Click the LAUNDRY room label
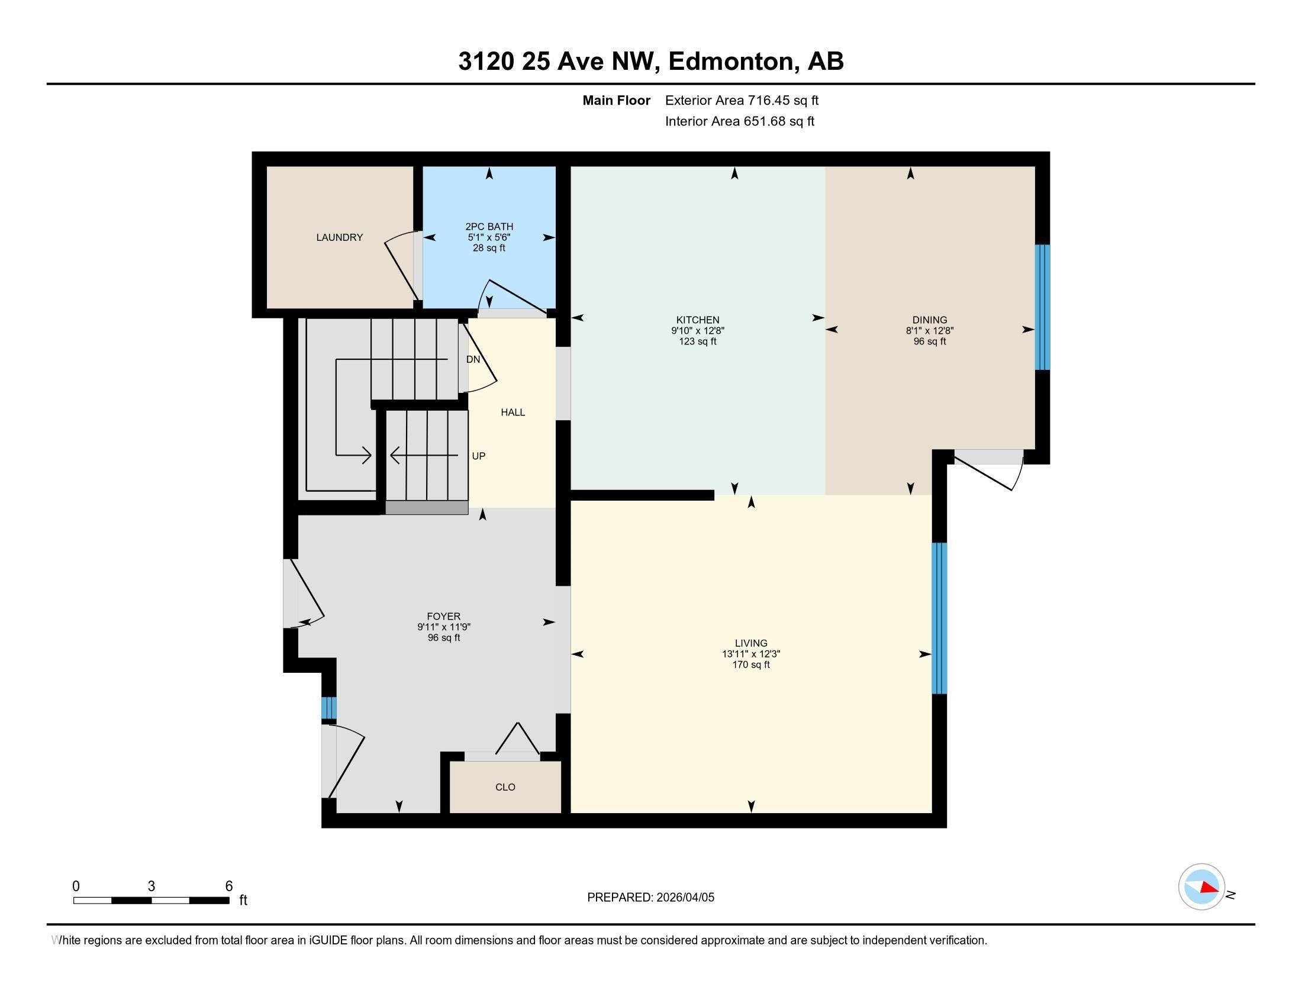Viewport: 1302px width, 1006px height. click(339, 237)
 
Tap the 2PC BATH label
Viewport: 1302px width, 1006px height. click(489, 227)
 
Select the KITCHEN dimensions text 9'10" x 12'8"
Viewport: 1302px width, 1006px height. click(698, 331)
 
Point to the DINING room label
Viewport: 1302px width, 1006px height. click(929, 320)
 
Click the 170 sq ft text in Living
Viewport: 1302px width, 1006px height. click(750, 665)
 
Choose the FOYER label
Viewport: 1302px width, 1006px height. click(443, 616)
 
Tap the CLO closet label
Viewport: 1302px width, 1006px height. click(505, 787)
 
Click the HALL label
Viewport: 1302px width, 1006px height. click(513, 412)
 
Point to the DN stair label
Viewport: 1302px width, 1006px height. click(473, 359)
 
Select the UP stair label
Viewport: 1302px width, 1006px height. click(478, 456)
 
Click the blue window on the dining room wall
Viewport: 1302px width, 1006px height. click(1042, 308)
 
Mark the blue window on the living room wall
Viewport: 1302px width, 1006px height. click(939, 618)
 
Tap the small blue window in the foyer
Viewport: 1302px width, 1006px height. click(328, 708)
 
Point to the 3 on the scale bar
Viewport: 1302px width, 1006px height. click(152, 886)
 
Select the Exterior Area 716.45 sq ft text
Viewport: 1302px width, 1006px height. click(742, 101)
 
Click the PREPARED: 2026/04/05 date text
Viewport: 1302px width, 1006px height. click(650, 898)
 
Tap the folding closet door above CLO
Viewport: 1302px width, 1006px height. click(517, 740)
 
